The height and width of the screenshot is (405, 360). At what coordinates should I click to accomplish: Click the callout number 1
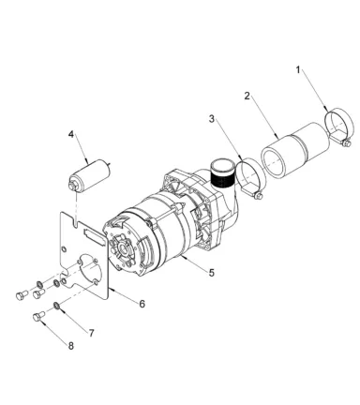tap(298, 70)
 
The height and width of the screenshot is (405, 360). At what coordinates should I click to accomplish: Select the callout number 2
tap(247, 96)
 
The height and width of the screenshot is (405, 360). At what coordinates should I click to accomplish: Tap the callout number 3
tap(212, 119)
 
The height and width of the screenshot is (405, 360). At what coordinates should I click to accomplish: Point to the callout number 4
tap(71, 134)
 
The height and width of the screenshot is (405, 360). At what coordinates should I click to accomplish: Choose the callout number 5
tap(212, 273)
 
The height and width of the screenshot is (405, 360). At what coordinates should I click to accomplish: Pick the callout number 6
tap(142, 304)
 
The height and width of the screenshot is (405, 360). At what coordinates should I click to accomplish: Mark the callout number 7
tap(91, 333)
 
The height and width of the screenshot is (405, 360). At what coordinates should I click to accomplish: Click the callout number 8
tap(71, 346)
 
